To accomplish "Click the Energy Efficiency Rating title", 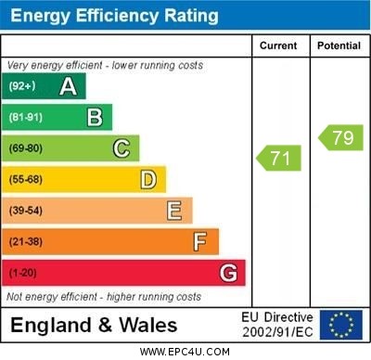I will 113,16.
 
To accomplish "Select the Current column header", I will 278,45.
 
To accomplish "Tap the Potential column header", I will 339,45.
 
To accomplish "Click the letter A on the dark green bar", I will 68,86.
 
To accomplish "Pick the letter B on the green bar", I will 95,117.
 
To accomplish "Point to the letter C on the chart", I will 122,148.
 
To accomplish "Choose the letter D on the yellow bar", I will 148,179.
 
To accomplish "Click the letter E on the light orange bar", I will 174,211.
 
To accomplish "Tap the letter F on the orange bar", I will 200,241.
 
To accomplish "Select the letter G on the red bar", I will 228,273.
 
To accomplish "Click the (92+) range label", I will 22,86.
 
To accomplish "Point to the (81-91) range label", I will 26,118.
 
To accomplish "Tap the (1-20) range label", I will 23,274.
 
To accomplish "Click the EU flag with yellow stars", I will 341,325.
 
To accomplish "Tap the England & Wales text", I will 94,326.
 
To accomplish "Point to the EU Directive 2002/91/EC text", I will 278,325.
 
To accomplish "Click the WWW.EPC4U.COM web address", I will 185,352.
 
